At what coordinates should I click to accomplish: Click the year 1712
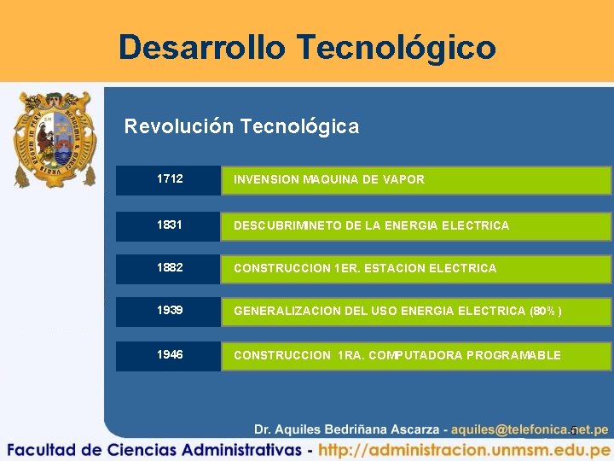(170, 179)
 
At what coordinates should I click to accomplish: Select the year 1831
(170, 225)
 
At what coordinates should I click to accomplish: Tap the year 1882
(170, 268)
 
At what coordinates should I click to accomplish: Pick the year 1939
(170, 311)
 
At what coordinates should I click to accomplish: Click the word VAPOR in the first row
(403, 179)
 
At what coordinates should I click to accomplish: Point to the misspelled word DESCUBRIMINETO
(286, 225)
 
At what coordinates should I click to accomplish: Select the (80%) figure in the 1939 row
(546, 311)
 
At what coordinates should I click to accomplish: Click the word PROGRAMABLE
(514, 355)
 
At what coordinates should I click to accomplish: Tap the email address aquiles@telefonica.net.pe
(530, 429)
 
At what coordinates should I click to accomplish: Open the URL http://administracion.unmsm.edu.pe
(465, 449)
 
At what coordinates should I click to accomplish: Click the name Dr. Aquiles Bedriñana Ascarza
(346, 429)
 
